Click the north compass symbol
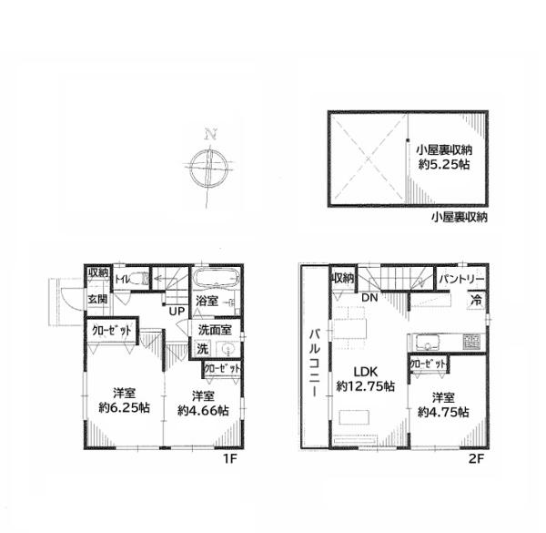209,167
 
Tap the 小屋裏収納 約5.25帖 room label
444,158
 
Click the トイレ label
122,279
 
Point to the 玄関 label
97,299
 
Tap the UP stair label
177,311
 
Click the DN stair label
369,297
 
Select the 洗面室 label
215,330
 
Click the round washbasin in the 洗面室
228,348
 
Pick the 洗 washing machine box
202,348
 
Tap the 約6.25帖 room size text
125,407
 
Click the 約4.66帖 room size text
203,410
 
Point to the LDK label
366,372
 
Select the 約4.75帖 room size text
443,412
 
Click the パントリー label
461,279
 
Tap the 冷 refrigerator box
476,300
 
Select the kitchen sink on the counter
426,342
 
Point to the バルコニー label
315,363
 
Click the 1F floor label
230,459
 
